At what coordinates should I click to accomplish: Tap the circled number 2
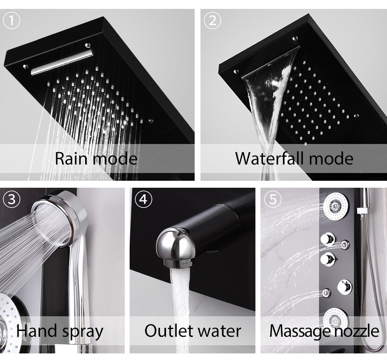coord(212,21)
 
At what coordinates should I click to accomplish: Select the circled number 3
coord(12,199)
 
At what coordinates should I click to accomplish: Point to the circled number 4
coord(144,199)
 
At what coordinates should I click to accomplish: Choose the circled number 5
coord(273,199)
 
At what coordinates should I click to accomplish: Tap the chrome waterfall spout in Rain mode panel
coord(62,62)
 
